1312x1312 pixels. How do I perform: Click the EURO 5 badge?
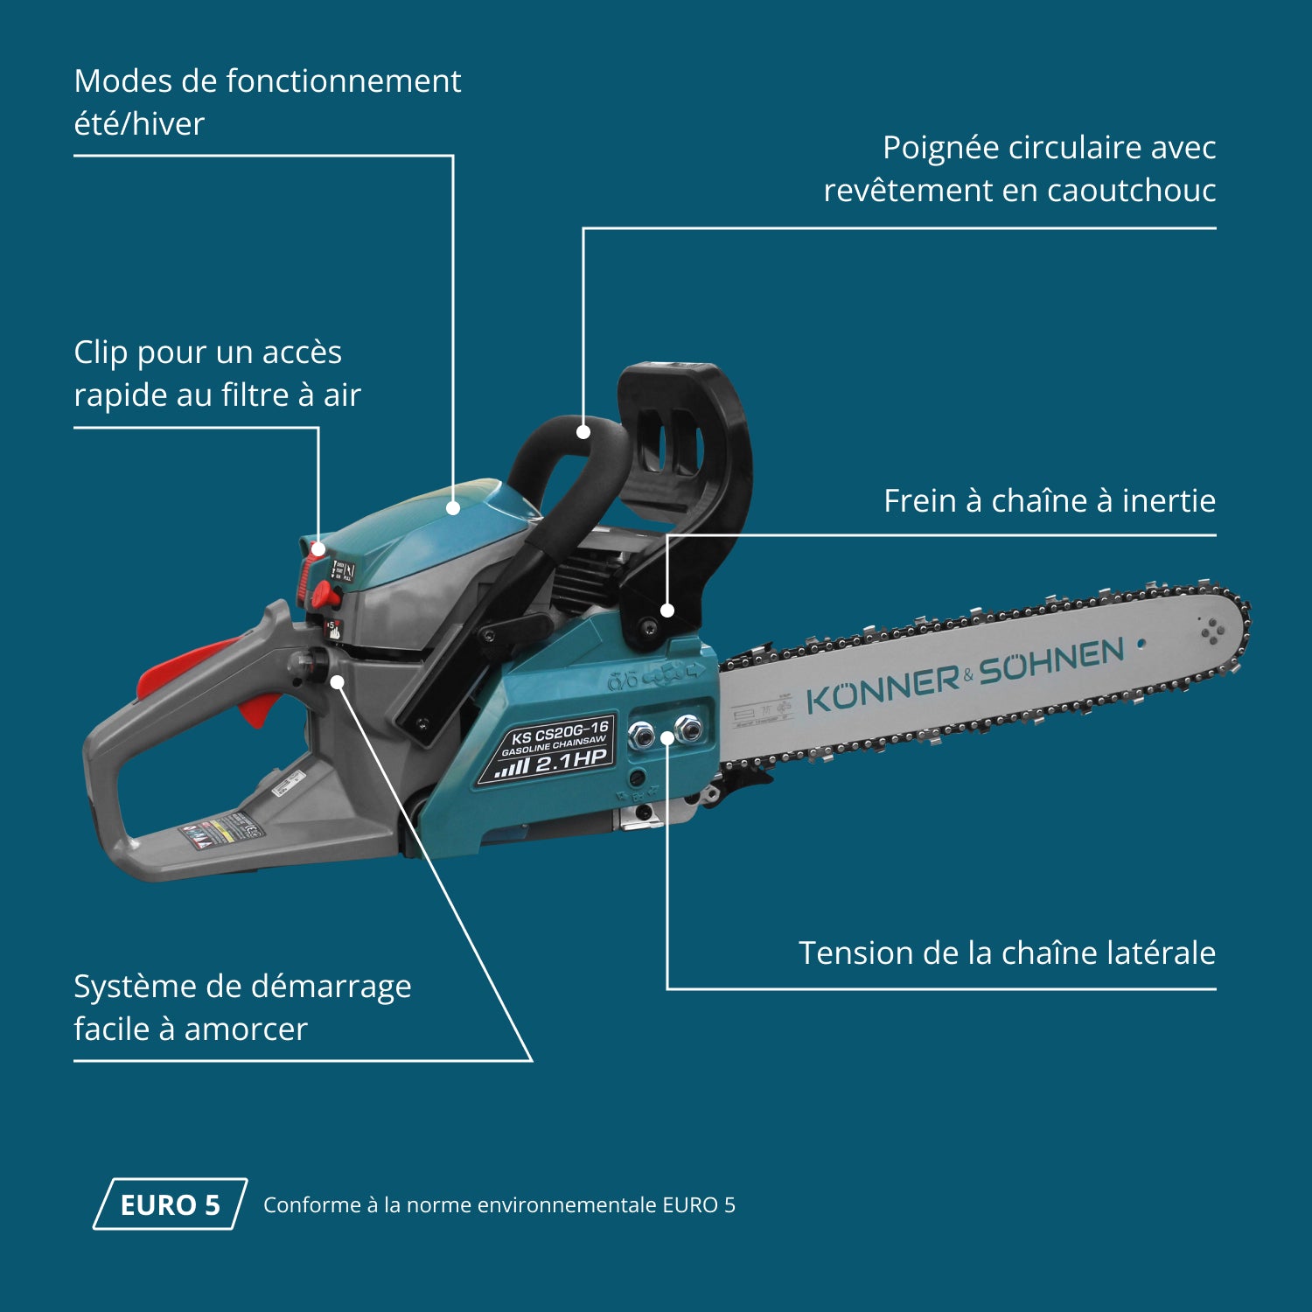point(170,1204)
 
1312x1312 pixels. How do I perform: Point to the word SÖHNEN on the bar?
point(1050,661)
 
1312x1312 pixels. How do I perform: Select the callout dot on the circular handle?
point(583,431)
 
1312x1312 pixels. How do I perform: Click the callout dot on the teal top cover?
point(453,507)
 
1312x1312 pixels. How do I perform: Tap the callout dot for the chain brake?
point(667,611)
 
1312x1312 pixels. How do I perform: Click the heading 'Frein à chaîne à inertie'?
point(1049,501)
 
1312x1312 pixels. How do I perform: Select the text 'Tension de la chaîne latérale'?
point(1007,953)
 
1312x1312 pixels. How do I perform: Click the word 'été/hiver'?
point(139,124)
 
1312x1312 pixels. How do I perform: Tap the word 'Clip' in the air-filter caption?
point(100,352)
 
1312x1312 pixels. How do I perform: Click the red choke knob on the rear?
point(326,597)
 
